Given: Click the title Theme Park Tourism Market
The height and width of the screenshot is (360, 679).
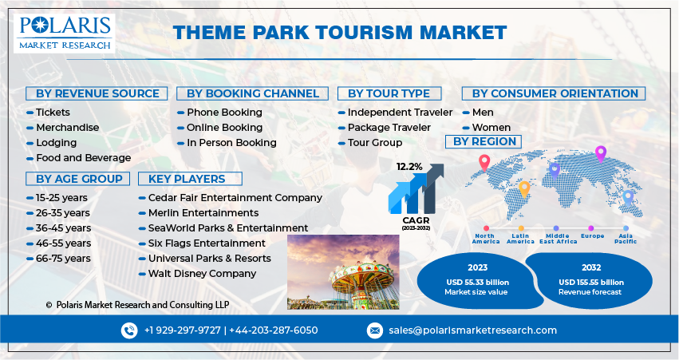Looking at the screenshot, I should [339, 32].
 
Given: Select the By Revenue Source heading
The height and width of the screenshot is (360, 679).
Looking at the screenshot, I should [97, 93].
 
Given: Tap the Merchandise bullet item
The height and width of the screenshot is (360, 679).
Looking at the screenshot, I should [68, 128].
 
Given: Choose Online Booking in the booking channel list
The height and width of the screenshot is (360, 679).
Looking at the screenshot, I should [224, 128].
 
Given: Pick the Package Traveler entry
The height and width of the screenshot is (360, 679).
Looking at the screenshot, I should [389, 128].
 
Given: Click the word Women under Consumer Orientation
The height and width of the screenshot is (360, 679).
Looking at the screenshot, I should [491, 128].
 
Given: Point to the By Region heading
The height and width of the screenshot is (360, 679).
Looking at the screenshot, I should [484, 141].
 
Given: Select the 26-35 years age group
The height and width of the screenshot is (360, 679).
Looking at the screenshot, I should [62, 213].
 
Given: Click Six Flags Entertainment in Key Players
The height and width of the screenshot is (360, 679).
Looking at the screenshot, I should [207, 243].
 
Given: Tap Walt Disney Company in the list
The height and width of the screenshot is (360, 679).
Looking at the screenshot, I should [202, 274].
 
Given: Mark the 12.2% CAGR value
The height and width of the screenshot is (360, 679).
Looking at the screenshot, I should [409, 167].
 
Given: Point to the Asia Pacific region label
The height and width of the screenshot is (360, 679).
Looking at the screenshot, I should [626, 239].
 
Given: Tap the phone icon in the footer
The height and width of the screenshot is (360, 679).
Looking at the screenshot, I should [129, 330].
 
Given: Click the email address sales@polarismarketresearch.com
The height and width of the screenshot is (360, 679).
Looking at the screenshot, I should [472, 330].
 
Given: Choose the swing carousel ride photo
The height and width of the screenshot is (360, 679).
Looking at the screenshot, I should [344, 271].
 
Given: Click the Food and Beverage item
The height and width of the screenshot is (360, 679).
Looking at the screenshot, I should [83, 158].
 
